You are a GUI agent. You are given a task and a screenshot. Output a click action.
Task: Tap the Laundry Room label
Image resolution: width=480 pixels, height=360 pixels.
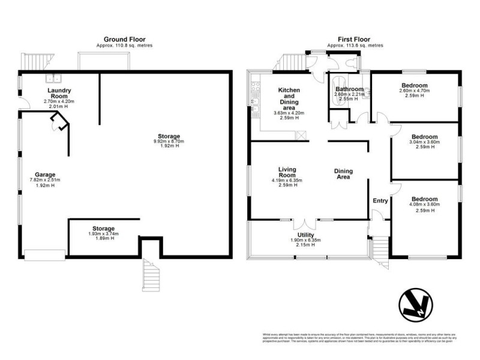pos(59,94)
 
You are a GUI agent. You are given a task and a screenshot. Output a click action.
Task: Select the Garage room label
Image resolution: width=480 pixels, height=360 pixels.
pos(45,173)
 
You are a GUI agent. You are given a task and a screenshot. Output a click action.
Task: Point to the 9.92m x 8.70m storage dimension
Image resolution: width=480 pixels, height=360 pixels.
pos(167,142)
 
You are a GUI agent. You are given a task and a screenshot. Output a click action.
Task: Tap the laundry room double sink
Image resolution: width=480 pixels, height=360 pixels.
pos(55,77)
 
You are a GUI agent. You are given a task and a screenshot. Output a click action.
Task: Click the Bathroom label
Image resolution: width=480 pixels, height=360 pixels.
pos(345,88)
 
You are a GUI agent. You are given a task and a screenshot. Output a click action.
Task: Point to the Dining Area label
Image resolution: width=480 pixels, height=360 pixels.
pos(344,174)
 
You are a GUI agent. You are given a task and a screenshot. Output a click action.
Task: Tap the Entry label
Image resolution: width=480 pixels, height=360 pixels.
pos(380,200)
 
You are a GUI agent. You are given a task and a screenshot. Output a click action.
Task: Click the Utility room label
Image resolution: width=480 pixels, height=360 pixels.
pos(307,235)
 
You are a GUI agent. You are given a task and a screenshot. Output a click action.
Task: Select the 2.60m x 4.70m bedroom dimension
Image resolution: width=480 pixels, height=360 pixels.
pos(415,91)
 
